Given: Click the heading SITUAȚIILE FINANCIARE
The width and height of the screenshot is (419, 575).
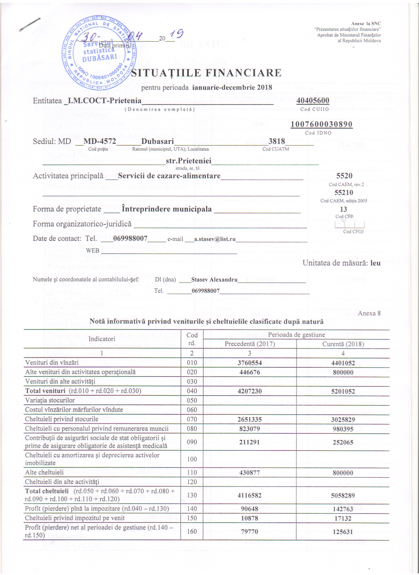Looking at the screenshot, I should (x=206, y=73).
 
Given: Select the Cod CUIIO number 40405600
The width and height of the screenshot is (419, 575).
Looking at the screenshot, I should (x=313, y=101).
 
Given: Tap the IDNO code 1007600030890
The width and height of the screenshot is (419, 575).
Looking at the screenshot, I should (x=321, y=124).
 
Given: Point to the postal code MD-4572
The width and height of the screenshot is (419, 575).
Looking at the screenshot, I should (x=100, y=141).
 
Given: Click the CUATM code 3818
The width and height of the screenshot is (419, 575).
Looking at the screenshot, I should (x=277, y=141).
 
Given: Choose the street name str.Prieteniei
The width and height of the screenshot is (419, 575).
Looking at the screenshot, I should (x=189, y=161).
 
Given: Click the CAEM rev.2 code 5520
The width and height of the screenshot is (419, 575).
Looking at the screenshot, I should (x=344, y=176).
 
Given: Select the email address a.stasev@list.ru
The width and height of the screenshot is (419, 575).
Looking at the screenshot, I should (x=215, y=239).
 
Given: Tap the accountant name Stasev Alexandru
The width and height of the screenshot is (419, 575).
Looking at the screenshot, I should (x=214, y=280).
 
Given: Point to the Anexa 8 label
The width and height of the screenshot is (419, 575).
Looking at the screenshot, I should (x=369, y=313).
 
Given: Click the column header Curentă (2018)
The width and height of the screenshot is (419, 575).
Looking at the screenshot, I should (x=343, y=344).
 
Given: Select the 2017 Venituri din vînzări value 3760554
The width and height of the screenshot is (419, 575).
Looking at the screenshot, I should (x=250, y=363).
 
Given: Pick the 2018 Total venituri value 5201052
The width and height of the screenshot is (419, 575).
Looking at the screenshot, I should (x=343, y=391).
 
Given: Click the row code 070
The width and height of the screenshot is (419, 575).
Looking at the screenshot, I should (x=192, y=419).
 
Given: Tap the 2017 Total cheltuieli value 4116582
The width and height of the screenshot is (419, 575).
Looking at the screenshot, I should (x=250, y=495).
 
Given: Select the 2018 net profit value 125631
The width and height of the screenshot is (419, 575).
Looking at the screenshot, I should (x=343, y=531).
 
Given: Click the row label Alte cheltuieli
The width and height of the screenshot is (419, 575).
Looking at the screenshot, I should (x=44, y=472).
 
